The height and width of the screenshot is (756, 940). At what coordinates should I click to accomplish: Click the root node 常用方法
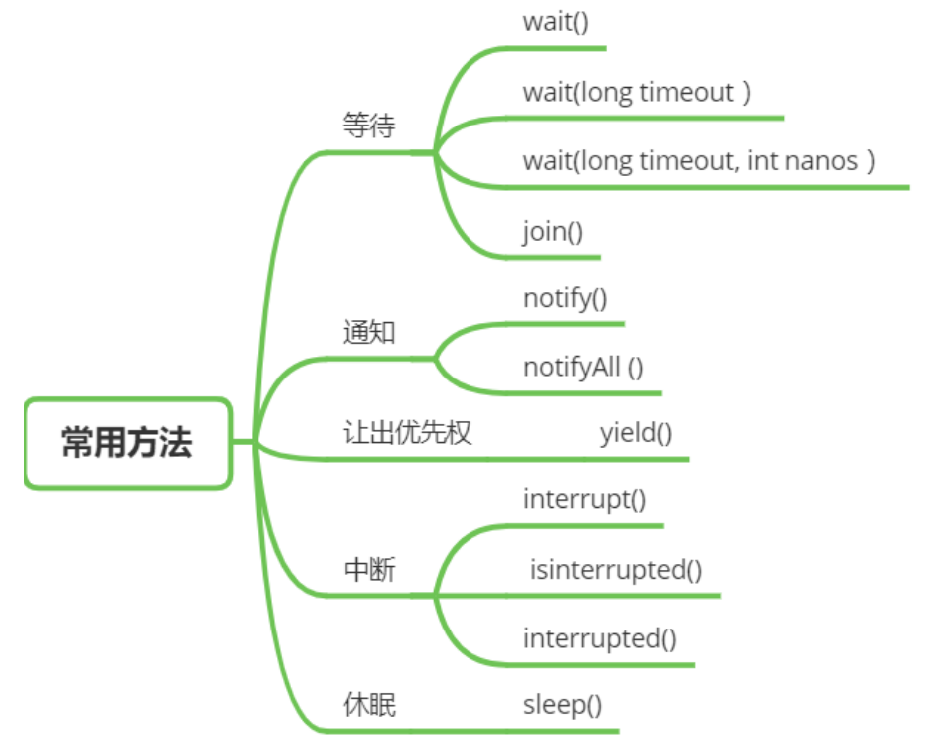pyautogui.click(x=128, y=443)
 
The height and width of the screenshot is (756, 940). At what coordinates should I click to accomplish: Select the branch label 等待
pyautogui.click(x=369, y=126)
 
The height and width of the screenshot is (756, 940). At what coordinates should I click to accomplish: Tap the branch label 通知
pyautogui.click(x=369, y=332)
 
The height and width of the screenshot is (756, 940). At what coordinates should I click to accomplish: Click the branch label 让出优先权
pyautogui.click(x=407, y=432)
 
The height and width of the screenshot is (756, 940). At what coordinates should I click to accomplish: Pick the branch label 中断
pyautogui.click(x=369, y=569)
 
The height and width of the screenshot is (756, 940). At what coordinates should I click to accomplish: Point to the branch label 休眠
pyautogui.click(x=369, y=704)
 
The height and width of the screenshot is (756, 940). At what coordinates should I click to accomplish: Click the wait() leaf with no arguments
pyautogui.click(x=556, y=22)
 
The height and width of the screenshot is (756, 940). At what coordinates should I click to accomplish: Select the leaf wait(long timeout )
pyautogui.click(x=637, y=93)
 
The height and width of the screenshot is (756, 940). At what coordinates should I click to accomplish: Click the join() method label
pyautogui.click(x=552, y=232)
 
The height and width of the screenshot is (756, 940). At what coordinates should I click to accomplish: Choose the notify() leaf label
pyautogui.click(x=565, y=299)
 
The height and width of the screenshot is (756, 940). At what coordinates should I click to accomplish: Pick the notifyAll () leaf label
pyautogui.click(x=583, y=368)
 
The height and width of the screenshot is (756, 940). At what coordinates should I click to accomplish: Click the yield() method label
pyautogui.click(x=636, y=433)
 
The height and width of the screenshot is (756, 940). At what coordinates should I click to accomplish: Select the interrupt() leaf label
pyautogui.click(x=584, y=500)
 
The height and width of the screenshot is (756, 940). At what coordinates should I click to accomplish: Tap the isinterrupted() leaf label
pyautogui.click(x=616, y=570)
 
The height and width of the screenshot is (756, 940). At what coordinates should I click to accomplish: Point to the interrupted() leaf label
pyautogui.click(x=599, y=639)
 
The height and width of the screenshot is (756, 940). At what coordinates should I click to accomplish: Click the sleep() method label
pyautogui.click(x=562, y=705)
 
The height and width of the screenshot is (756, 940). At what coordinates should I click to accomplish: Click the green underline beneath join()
pyautogui.click(x=552, y=258)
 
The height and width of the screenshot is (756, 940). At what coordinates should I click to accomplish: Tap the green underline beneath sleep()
pyautogui.click(x=562, y=731)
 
